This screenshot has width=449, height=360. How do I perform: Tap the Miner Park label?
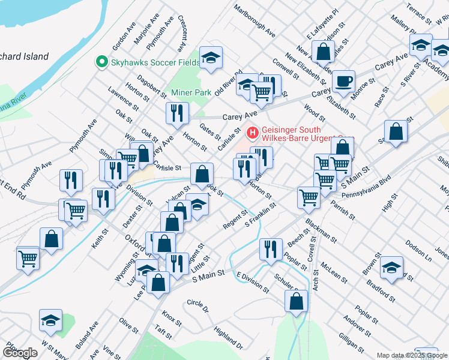(x=191, y=92)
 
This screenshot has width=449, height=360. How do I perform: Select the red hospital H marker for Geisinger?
(x=253, y=130)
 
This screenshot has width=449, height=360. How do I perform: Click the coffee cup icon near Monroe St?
(x=343, y=81)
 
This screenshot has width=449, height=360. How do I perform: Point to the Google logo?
(x=19, y=353)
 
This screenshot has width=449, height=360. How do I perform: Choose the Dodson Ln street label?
(x=418, y=251)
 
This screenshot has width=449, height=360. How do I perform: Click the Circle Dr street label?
(x=197, y=306)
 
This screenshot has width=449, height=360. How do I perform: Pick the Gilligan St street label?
(x=351, y=342)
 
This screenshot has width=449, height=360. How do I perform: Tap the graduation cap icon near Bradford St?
(x=391, y=268)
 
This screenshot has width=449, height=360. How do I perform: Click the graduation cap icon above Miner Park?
(x=211, y=58)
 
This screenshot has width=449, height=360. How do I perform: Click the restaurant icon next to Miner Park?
(x=177, y=113)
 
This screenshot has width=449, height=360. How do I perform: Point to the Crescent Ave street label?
(x=181, y=34)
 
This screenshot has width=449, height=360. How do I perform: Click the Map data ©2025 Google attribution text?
(x=412, y=355)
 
